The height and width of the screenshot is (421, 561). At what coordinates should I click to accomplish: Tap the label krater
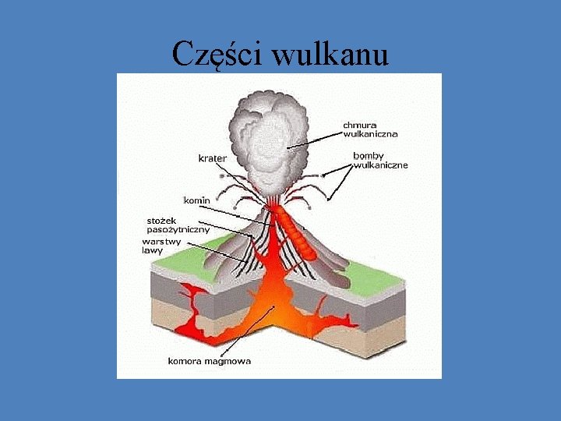coord(212,158)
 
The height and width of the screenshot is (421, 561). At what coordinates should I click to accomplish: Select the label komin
coord(196,200)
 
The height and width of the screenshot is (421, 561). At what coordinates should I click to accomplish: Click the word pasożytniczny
coord(178,230)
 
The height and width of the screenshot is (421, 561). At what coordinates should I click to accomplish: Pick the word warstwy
coord(161,241)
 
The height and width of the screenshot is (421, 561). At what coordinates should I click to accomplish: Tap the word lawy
coord(151,250)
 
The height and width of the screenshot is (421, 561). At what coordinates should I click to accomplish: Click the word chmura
coord(362,123)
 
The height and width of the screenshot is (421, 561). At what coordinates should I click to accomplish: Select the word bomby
coord(369,154)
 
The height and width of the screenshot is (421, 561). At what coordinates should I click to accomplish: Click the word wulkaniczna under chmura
coord(370,133)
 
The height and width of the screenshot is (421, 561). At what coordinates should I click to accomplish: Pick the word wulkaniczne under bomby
coord(381,165)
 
